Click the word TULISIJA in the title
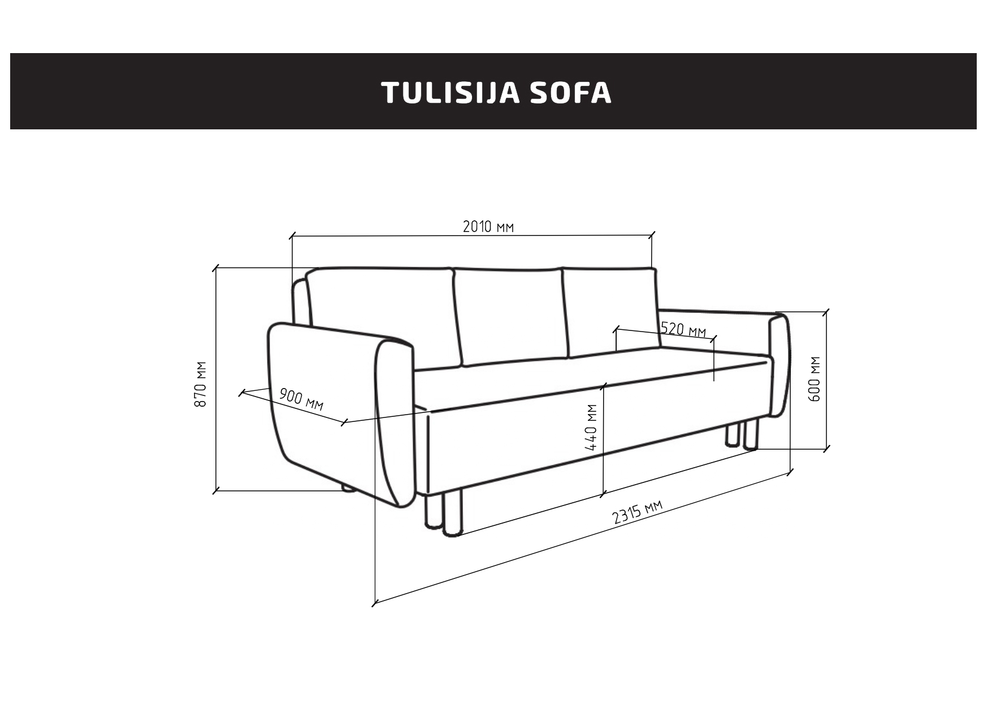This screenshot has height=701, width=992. [x=450, y=93]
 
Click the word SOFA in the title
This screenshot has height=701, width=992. [x=571, y=93]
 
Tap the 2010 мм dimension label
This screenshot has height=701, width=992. [x=488, y=227]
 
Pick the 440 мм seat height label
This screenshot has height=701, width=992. [x=592, y=427]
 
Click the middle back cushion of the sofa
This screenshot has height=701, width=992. [x=510, y=316]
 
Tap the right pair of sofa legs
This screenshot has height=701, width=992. [x=741, y=435]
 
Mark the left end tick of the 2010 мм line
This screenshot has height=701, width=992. [x=292, y=235]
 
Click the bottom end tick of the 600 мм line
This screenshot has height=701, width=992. [x=827, y=449]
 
